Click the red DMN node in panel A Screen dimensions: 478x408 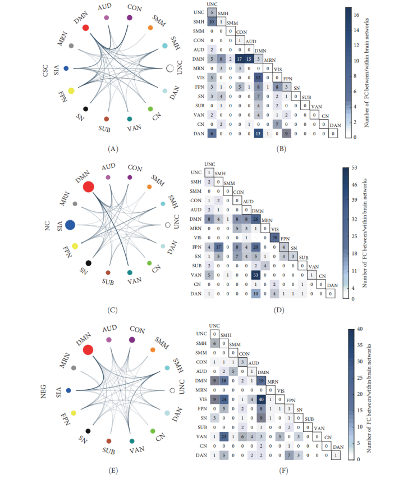(x=85, y=28)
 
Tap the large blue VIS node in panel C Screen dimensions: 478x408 (x=70, y=225)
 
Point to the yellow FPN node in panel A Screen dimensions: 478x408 (x=71, y=90)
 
